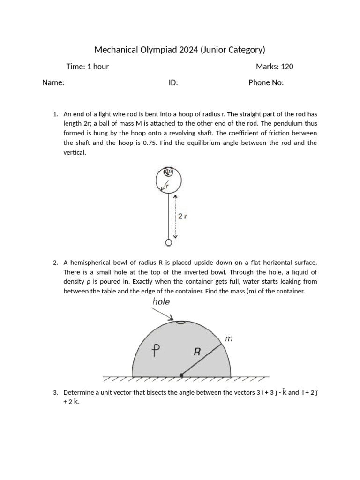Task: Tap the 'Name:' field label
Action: click(x=53, y=83)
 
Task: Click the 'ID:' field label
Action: click(x=173, y=83)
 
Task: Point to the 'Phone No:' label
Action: click(x=266, y=83)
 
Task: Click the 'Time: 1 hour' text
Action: click(x=88, y=67)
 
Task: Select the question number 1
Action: click(x=55, y=114)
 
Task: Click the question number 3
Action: click(x=55, y=392)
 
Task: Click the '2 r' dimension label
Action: click(x=183, y=216)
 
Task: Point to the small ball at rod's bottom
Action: click(x=169, y=242)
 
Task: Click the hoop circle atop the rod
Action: click(x=169, y=180)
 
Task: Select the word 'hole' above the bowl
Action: click(x=161, y=302)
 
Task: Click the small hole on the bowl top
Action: click(x=180, y=322)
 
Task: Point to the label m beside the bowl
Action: click(x=229, y=338)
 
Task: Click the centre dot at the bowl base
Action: click(x=181, y=375)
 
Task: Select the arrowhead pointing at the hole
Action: click(x=172, y=318)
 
